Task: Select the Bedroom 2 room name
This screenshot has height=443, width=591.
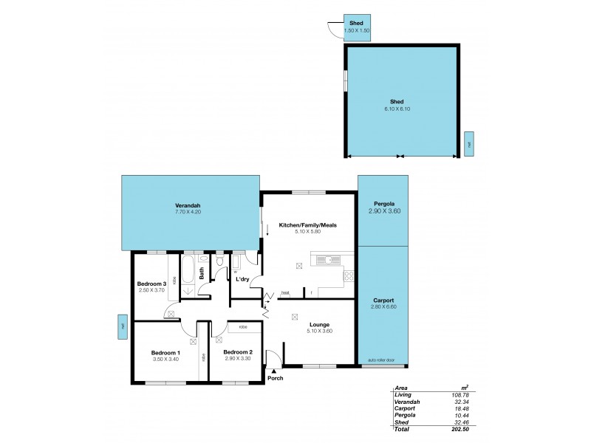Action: click(238, 352)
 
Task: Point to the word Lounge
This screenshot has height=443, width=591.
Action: click(319, 324)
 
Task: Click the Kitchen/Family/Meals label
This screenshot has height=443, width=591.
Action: click(308, 224)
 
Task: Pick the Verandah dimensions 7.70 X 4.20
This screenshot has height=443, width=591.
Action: click(188, 212)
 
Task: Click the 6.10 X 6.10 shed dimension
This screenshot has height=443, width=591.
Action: click(397, 109)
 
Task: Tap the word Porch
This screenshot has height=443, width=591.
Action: click(276, 379)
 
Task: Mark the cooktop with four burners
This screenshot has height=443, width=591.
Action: click(347, 277)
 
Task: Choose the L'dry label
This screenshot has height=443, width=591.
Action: click(242, 279)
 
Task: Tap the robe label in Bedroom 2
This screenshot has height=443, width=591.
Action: click(241, 326)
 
